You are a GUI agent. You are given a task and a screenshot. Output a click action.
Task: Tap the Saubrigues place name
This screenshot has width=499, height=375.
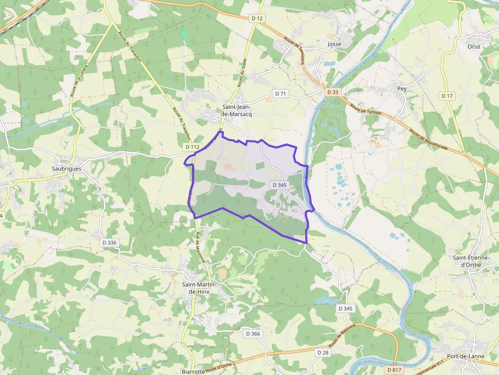pos(67,168)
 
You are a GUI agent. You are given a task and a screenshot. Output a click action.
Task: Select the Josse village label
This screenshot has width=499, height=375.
pos(335,44)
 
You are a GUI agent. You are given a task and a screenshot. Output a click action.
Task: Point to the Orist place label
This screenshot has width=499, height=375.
pos(474,46)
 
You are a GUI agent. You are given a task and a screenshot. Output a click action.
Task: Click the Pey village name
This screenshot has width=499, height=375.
pos(402,89)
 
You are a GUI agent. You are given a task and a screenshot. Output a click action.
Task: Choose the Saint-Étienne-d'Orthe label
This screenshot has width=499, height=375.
pos(470,261)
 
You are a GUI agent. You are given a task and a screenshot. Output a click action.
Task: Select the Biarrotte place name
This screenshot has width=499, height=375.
pos(193,371)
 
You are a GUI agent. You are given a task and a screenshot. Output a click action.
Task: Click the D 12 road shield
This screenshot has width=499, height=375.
pos(258,19)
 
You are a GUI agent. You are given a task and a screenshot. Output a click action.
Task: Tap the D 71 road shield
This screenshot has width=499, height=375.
pos(281,94)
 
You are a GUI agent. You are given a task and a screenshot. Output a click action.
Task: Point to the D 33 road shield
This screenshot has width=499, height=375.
pos(332,92)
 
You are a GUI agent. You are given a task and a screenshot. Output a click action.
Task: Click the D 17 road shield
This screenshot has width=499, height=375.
pos(447,96)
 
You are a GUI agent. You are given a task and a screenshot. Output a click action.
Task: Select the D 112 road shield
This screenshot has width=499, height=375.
pos(192,147)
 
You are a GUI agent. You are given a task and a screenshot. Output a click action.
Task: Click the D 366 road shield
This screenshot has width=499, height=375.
pos(253,334)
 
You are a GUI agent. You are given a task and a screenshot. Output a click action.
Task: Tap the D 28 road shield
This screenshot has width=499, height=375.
pos(323,353)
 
